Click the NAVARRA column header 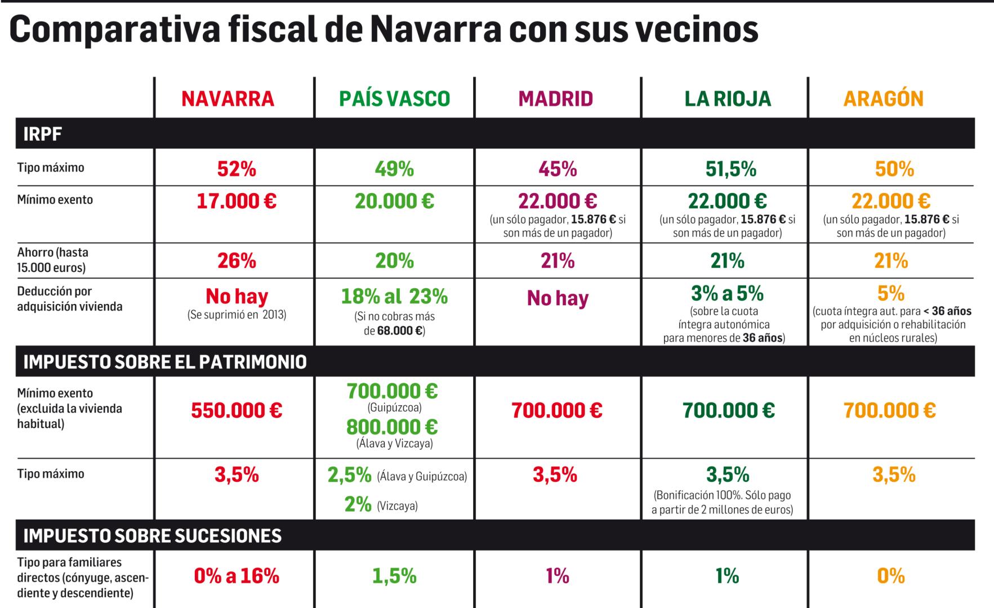[228, 99]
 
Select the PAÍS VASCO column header [394, 99]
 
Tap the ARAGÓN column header [883, 99]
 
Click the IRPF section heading [43, 135]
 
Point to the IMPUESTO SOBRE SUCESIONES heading [152, 535]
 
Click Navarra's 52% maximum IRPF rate [237, 169]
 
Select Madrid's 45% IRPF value [557, 169]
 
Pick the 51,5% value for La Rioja [730, 169]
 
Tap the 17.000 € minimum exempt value [237, 202]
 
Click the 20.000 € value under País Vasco [394, 202]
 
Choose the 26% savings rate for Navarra [237, 261]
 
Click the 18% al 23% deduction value [394, 296]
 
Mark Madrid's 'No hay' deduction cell [557, 298]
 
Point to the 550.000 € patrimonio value [237, 410]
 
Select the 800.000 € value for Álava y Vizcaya [392, 427]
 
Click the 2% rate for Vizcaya [358, 504]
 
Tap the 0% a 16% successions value [237, 576]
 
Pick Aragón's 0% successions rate [891, 576]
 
